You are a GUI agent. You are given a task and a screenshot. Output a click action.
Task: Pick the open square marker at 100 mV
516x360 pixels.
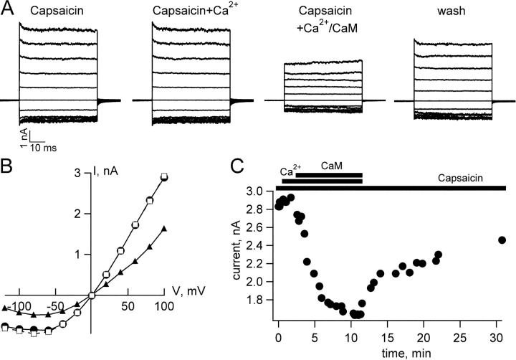click(x=164, y=176)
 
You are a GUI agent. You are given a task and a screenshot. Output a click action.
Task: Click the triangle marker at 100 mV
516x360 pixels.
click(x=164, y=229)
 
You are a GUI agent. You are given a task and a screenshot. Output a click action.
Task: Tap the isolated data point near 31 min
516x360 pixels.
click(x=502, y=240)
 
